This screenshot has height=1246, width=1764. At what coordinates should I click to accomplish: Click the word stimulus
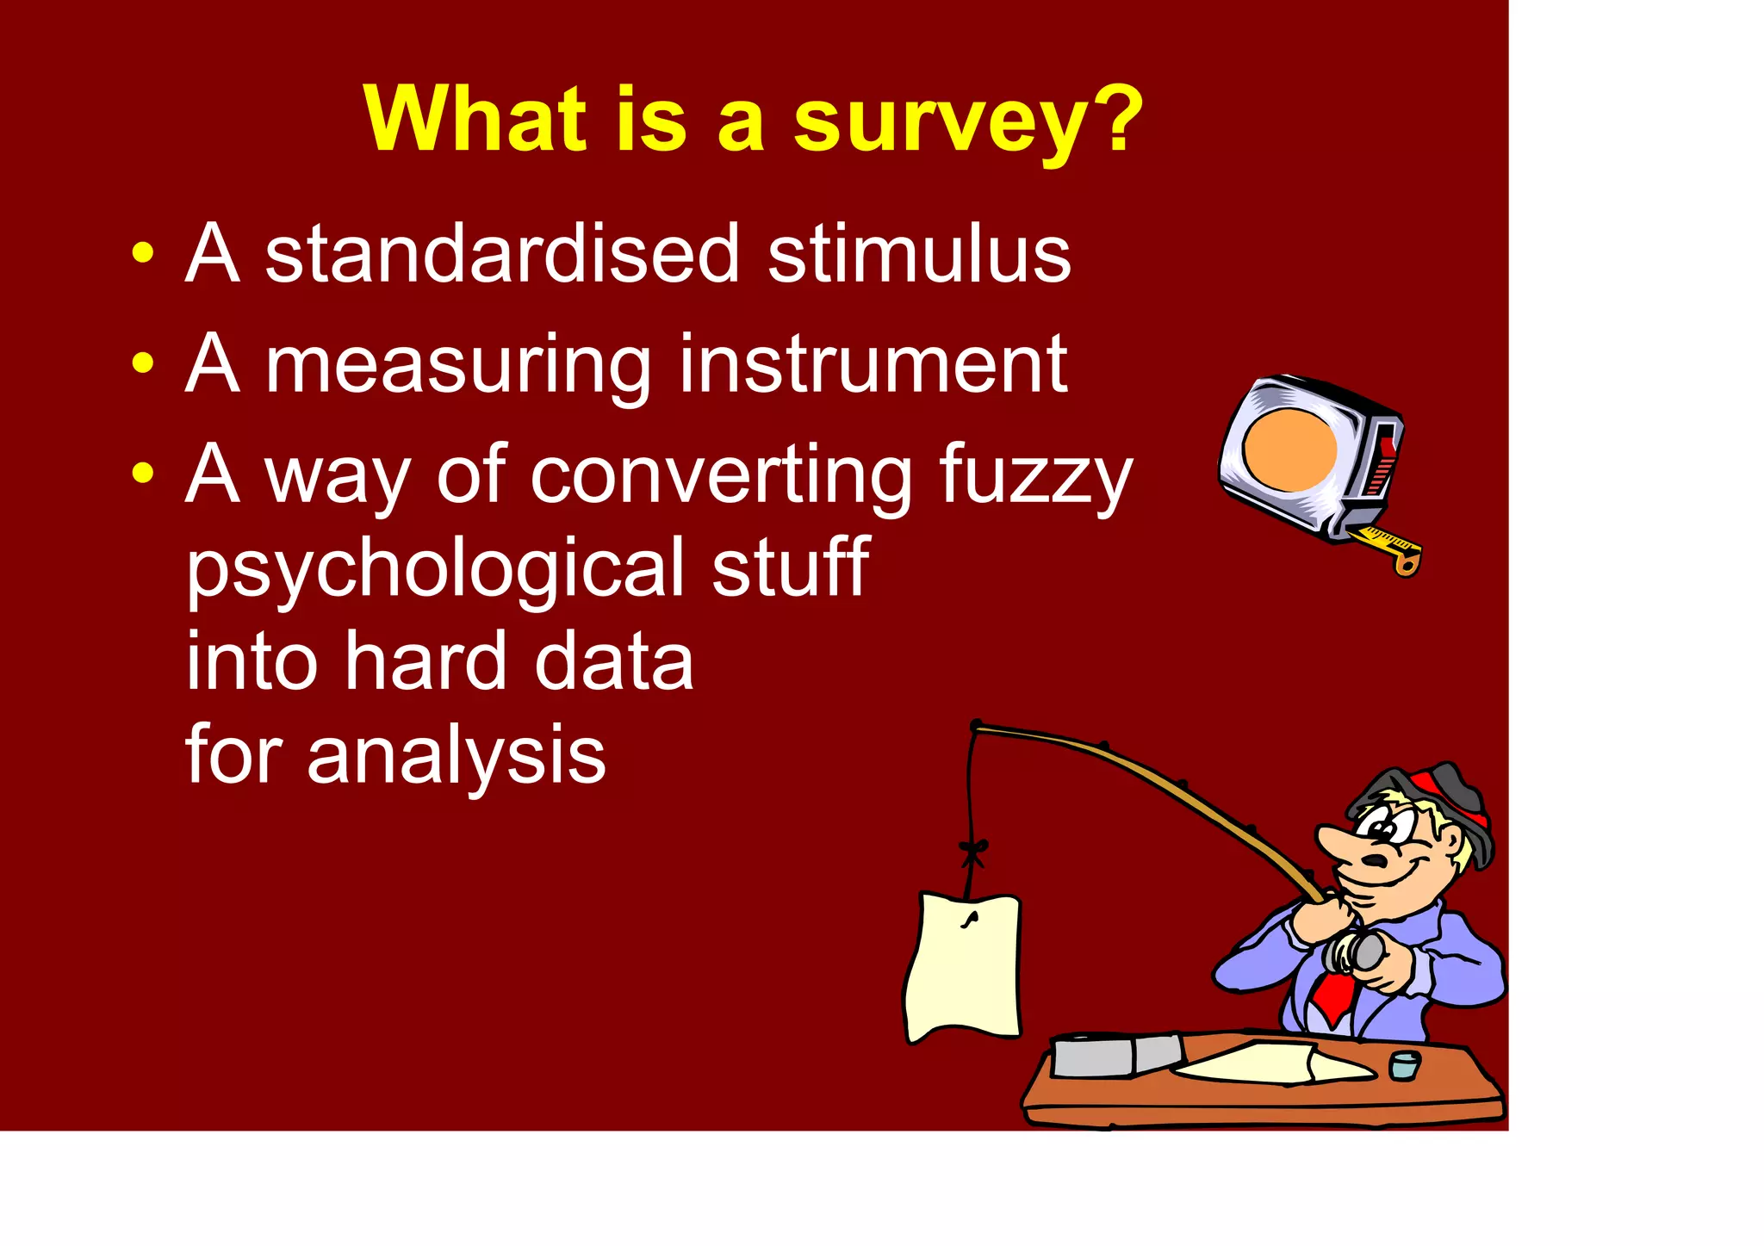pyautogui.click(x=919, y=254)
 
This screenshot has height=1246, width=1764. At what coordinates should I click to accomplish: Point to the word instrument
pyautogui.click(x=873, y=364)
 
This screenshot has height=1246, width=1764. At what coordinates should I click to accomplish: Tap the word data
pyautogui.click(x=613, y=661)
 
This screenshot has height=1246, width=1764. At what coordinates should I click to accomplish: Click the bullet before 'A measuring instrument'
pyautogui.click(x=143, y=363)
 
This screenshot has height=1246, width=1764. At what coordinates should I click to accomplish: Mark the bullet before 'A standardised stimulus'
pyautogui.click(x=143, y=253)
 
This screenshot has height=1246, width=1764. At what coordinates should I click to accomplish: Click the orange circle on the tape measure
pyautogui.click(x=1289, y=449)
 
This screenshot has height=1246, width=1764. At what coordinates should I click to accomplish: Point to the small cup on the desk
pyautogui.click(x=1405, y=1065)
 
